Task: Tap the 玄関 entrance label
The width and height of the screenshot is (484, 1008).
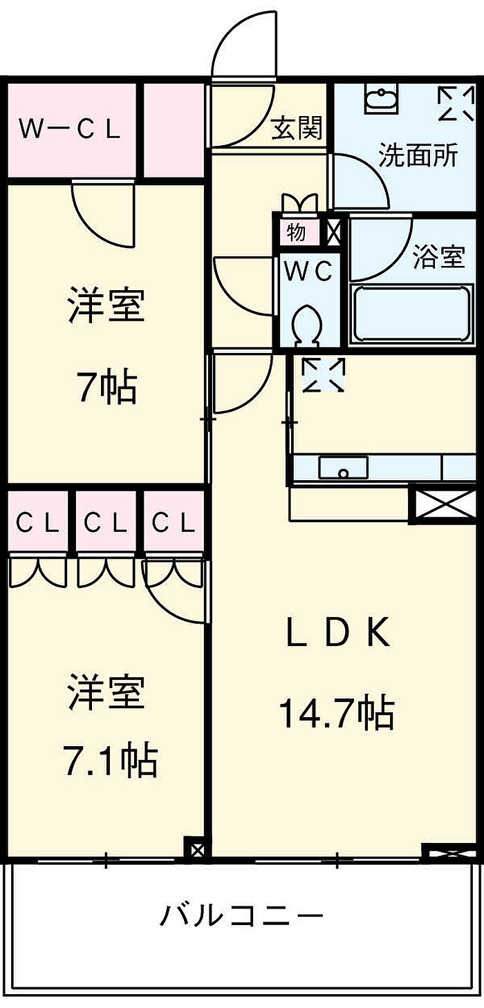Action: [297, 129]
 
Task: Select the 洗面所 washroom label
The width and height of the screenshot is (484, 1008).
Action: [418, 155]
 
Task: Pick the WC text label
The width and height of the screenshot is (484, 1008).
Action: [309, 271]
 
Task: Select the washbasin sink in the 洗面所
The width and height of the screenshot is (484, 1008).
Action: [381, 101]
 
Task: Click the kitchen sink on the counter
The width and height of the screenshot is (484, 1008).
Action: [343, 468]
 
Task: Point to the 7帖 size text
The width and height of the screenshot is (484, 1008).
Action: [106, 387]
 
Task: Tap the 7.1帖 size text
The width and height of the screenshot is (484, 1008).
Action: [106, 761]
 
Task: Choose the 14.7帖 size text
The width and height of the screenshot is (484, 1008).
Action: [336, 714]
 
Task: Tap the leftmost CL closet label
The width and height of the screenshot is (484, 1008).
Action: [37, 524]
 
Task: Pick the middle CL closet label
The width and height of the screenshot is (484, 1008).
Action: [106, 524]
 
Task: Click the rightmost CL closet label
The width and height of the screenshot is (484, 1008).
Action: [174, 524]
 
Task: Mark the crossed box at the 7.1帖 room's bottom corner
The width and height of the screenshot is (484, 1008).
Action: [196, 849]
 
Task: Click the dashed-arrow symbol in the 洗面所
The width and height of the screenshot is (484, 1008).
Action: [456, 104]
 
